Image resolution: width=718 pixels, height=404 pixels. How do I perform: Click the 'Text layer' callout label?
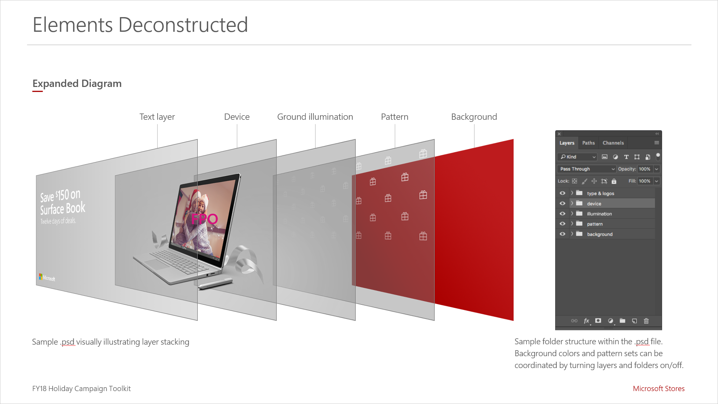[x=157, y=117]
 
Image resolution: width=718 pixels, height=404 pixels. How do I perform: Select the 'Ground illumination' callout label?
[x=315, y=117]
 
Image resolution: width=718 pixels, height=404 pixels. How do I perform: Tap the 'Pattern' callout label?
[x=394, y=117]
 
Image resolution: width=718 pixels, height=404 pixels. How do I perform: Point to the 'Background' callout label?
[x=474, y=117]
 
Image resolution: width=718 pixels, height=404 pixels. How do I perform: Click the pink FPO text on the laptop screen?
[x=205, y=219]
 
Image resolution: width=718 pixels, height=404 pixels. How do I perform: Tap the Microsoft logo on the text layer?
[x=47, y=278]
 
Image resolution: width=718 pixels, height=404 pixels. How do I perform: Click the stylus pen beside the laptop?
[x=215, y=283]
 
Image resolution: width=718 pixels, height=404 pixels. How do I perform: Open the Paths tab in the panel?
[x=588, y=143]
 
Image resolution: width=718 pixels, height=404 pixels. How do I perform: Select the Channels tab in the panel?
[x=613, y=143]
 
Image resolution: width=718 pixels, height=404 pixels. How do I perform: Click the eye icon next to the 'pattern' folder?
[x=563, y=224]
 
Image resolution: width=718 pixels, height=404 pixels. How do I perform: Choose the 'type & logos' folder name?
[x=601, y=193]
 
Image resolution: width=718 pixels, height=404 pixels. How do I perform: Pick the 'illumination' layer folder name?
[x=600, y=214]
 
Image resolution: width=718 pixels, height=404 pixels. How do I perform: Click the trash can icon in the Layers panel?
[x=646, y=321]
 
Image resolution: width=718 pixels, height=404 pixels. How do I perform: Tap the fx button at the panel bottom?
[x=587, y=321]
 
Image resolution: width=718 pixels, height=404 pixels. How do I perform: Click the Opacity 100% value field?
[x=645, y=169]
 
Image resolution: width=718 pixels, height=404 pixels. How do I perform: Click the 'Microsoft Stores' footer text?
[x=659, y=389]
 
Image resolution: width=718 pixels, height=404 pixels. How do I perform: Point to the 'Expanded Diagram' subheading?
[x=77, y=84]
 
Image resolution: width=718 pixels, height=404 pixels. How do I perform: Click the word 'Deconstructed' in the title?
[x=183, y=25]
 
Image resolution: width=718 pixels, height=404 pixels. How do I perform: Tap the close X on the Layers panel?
[x=559, y=134]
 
